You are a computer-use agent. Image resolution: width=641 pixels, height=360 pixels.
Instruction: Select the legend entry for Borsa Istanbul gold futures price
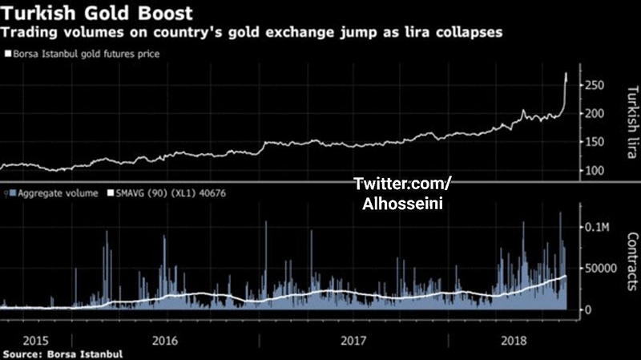[x=84, y=54]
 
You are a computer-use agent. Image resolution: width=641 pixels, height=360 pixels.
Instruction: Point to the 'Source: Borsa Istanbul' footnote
[x=63, y=353]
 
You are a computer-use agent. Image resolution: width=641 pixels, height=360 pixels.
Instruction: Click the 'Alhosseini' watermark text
[x=402, y=204]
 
